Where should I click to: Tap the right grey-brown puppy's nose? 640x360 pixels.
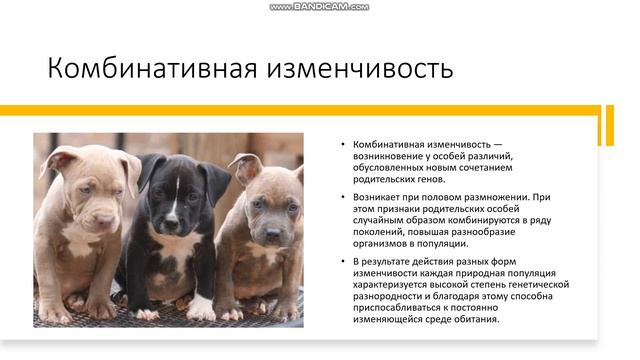pyautogui.click(x=270, y=233)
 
